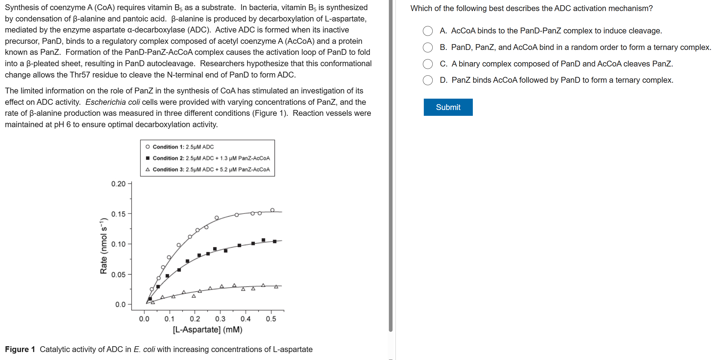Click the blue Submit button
coord(448,107)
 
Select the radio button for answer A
coord(428,31)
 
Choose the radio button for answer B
coord(428,47)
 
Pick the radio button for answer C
coord(428,64)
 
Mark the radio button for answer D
coord(428,80)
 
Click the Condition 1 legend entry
coord(180,147)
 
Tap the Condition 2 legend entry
coord(208,158)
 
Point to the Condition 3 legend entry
coord(208,169)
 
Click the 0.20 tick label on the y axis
coord(118,184)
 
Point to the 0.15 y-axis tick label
coord(118,214)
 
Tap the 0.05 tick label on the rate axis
coord(118,275)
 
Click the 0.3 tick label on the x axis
coord(220,319)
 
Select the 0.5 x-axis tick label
coord(271,319)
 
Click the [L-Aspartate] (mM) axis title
coord(207,330)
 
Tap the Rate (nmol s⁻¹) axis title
coord(104,246)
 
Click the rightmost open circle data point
coord(272,210)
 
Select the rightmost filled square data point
coord(275,241)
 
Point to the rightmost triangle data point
coord(276,286)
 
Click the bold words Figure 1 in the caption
coord(20,349)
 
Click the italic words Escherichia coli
coord(112,102)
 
